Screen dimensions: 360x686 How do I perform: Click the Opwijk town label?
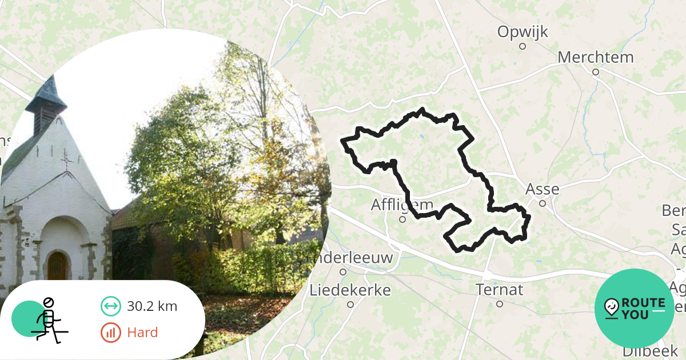(x=523, y=32)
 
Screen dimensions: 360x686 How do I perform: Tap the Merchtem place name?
(x=596, y=58)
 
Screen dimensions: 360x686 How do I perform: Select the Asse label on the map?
(x=542, y=189)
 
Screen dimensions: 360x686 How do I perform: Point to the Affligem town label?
(x=402, y=205)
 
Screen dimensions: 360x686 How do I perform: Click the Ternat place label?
(x=499, y=290)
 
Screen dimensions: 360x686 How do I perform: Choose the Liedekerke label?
(x=350, y=290)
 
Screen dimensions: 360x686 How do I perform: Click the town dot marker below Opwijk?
(x=522, y=46)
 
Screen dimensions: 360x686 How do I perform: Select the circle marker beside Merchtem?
(x=595, y=72)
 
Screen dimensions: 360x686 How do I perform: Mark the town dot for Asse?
(x=543, y=202)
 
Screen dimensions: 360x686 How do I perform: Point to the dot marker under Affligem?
(x=402, y=219)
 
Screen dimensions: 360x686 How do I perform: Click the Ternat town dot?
(x=500, y=304)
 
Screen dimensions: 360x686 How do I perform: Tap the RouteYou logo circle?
(x=635, y=309)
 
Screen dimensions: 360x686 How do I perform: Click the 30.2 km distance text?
(x=152, y=306)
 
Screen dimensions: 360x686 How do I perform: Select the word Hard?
(x=142, y=333)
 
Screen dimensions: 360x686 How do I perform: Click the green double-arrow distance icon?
(x=110, y=306)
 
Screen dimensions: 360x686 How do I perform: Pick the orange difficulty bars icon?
(x=110, y=333)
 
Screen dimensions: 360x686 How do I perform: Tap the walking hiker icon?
(x=47, y=320)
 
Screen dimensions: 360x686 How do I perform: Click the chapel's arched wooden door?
(x=57, y=266)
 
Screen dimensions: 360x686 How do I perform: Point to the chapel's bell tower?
(x=46, y=106)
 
